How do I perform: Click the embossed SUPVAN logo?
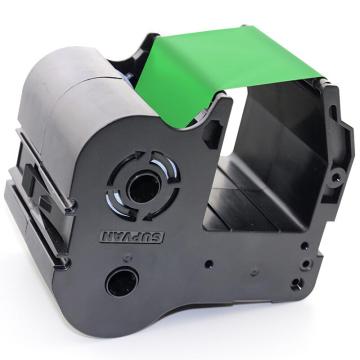tap(132, 237)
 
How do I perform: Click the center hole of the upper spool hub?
tap(145, 187)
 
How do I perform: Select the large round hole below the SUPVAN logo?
tap(122, 282)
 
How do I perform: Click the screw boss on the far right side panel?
tap(336, 176)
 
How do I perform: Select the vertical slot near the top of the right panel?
tap(334, 113)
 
